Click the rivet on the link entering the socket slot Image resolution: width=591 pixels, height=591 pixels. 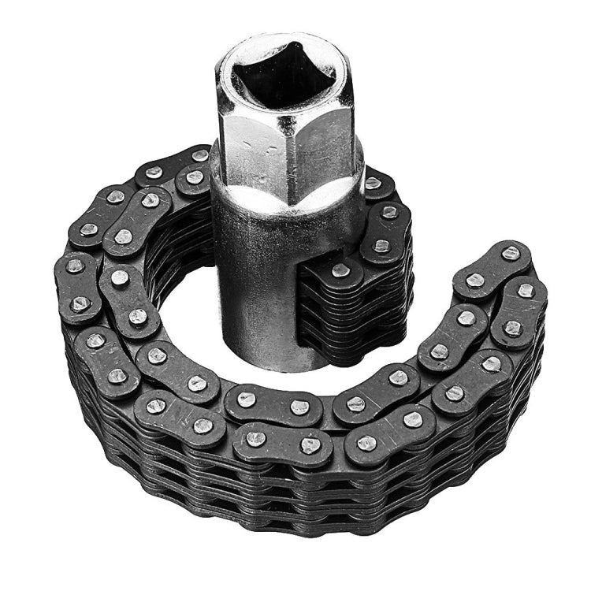point(340,269)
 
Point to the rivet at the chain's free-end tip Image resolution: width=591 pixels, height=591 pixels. point(511,254)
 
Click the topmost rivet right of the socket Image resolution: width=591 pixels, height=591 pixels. point(373,183)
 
